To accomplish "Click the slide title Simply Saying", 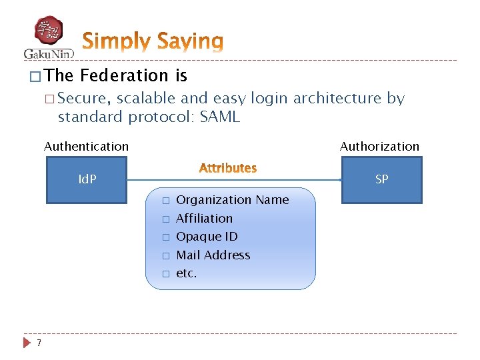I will [x=153, y=41].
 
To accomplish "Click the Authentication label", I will [x=86, y=146].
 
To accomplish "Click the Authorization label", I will [x=379, y=146].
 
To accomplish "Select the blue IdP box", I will [x=87, y=179].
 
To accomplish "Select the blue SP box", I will [x=381, y=179].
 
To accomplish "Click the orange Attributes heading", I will [x=228, y=168].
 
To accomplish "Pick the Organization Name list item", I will [x=232, y=200].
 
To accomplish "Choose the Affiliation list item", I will [x=204, y=218].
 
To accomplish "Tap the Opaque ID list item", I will [x=207, y=237].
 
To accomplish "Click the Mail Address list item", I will [x=213, y=255].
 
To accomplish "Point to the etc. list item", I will [x=186, y=273].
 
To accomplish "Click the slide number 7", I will [x=40, y=343].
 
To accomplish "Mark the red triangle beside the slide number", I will [x=27, y=343].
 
